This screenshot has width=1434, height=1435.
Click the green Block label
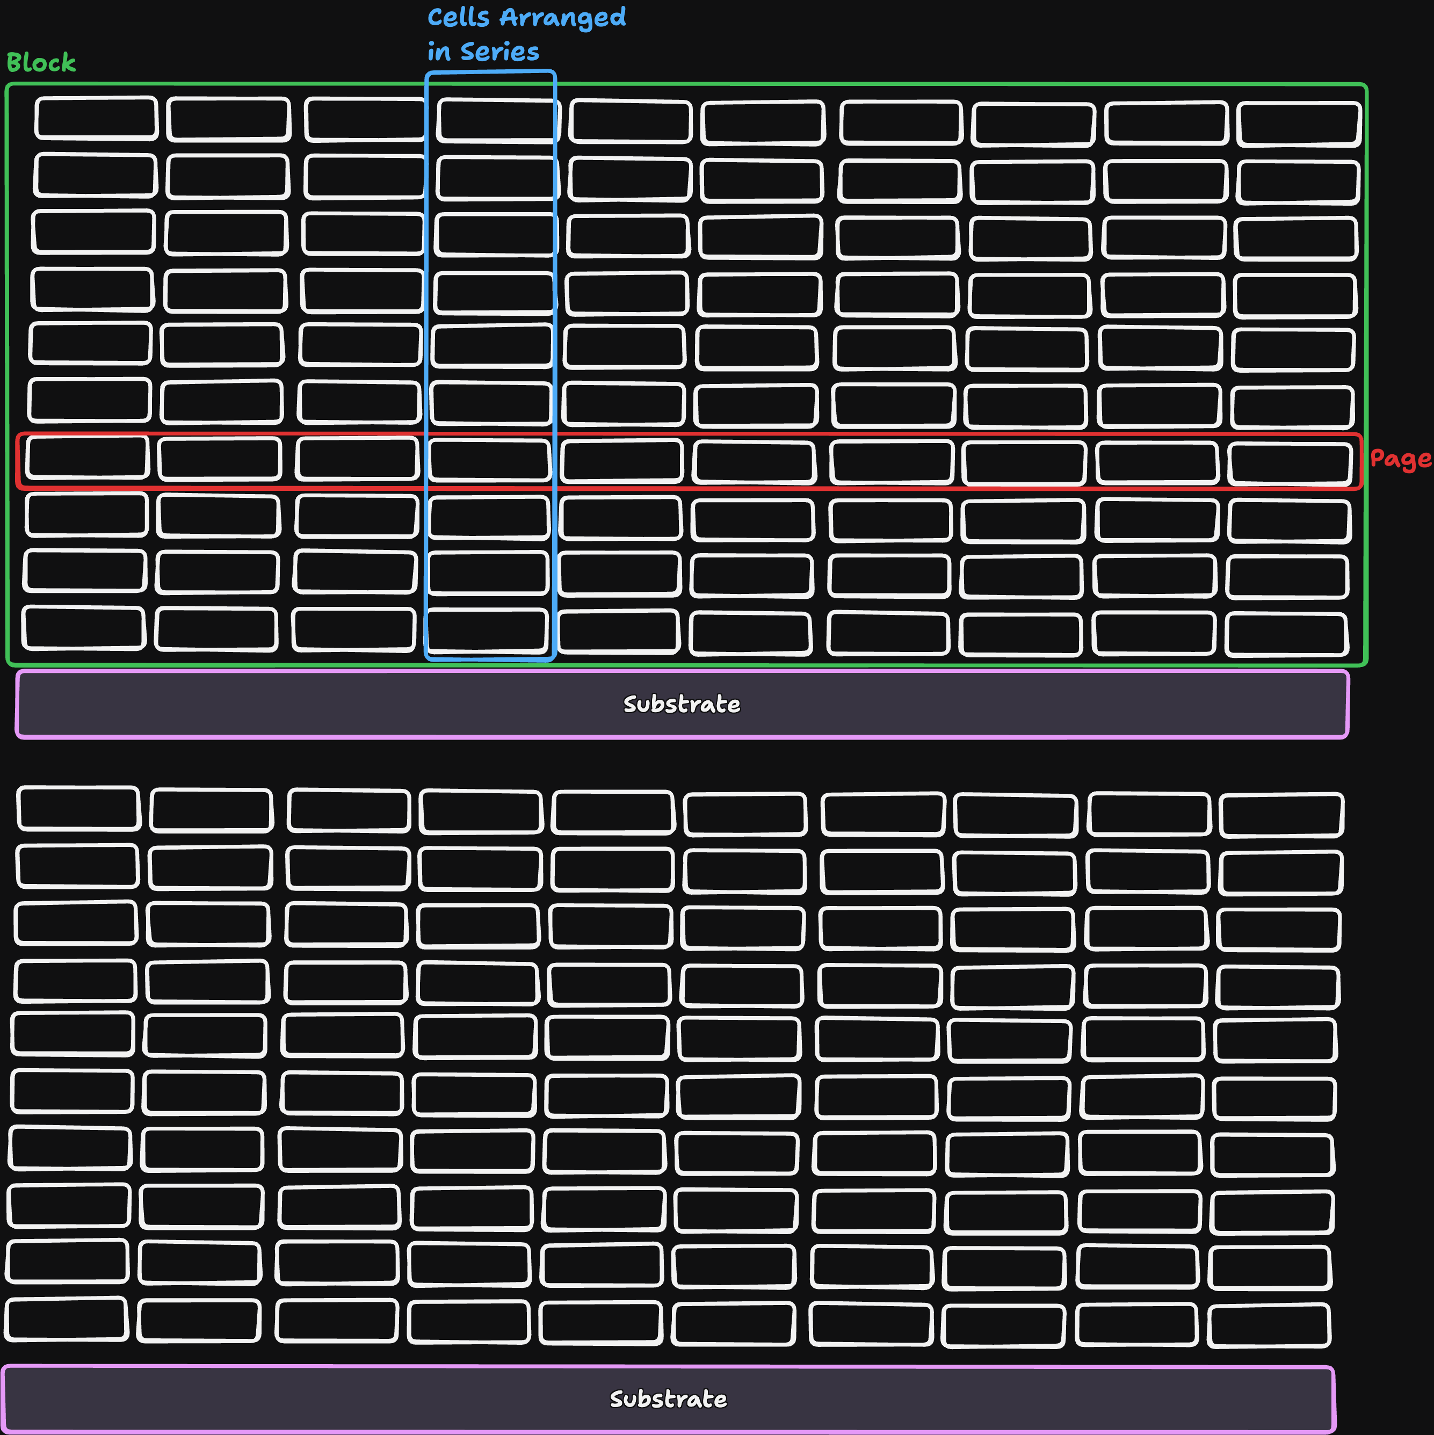[41, 62]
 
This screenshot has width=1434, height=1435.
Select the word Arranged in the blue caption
[563, 18]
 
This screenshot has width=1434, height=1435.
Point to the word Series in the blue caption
[500, 52]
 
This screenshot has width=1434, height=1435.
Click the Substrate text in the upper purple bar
[682, 704]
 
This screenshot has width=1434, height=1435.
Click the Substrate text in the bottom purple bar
[668, 1400]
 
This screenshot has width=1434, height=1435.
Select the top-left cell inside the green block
[97, 118]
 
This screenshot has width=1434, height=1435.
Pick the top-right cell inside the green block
[1299, 124]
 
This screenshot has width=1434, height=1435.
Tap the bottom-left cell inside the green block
[83, 628]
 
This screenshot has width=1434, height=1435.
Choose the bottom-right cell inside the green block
[1286, 634]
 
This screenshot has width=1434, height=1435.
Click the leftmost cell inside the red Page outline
[87, 458]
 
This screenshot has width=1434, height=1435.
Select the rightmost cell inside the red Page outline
[1290, 464]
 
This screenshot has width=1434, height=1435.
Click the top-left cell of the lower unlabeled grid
[79, 808]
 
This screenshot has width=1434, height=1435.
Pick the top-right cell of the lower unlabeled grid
[1282, 815]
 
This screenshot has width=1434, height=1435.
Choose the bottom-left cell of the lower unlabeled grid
[66, 1319]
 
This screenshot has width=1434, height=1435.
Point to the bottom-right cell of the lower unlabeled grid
[1269, 1326]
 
